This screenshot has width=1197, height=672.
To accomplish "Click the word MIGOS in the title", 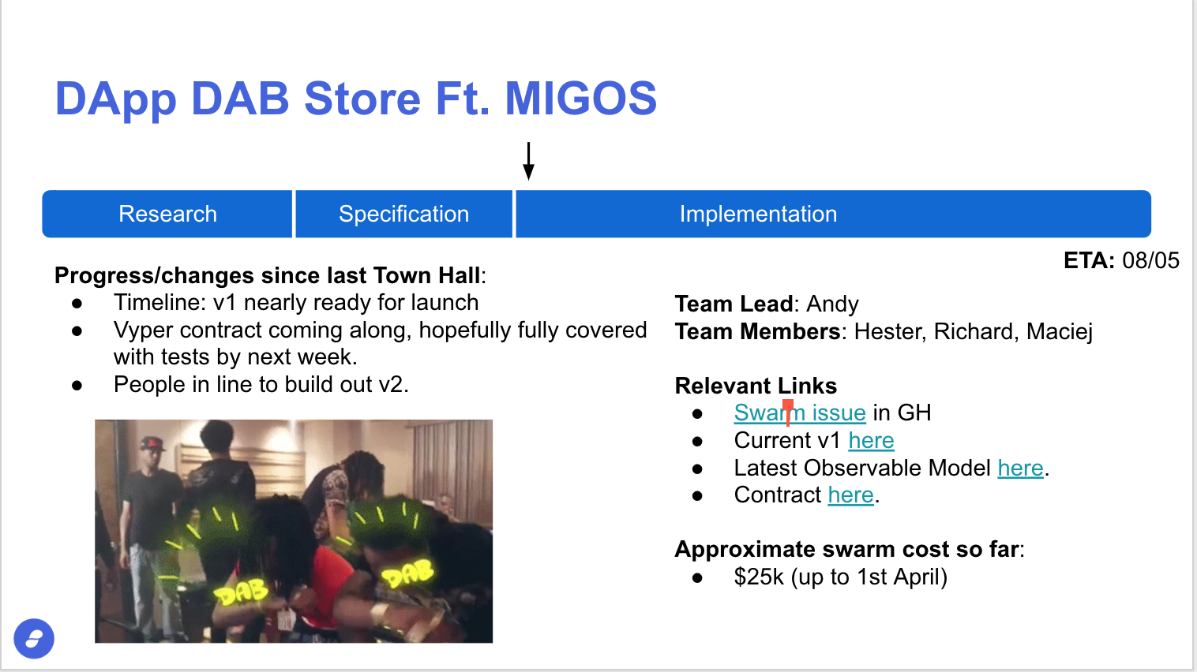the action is click(581, 99).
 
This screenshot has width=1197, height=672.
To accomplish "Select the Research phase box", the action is click(167, 214).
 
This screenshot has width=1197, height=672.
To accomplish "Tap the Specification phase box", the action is click(404, 214).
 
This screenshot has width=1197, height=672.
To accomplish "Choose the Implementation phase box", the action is click(833, 214).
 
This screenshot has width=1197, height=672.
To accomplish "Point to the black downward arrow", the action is click(528, 161).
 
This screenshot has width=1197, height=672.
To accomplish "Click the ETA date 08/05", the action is click(1150, 260).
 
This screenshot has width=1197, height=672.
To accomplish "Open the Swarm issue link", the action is click(800, 413).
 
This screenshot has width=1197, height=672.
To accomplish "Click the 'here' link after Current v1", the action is click(871, 440).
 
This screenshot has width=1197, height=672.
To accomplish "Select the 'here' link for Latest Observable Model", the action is click(1020, 468).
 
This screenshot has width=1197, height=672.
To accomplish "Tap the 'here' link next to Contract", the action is click(850, 495).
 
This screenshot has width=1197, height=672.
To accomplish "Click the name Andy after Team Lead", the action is click(832, 304).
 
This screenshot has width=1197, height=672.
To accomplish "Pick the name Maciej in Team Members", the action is click(1059, 332).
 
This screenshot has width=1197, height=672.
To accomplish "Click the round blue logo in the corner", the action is click(34, 638).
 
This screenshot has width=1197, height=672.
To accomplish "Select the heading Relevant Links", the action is click(756, 386).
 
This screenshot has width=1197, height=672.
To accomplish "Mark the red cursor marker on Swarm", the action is click(788, 413).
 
